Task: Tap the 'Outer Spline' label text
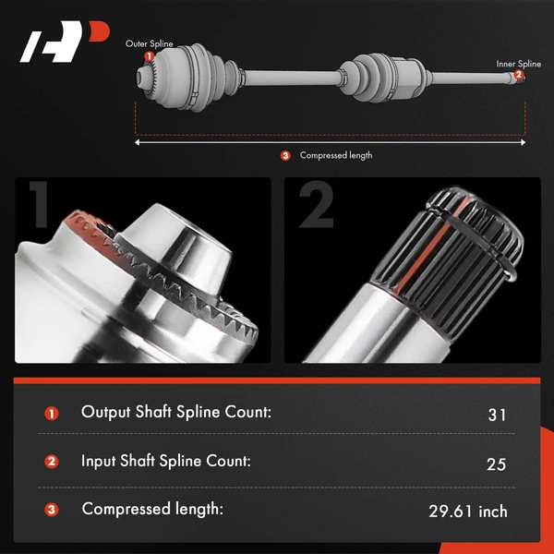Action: (x=150, y=43)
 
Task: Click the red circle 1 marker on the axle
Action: (x=150, y=56)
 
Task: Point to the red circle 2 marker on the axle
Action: (x=519, y=75)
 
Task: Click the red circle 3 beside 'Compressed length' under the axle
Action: (x=285, y=156)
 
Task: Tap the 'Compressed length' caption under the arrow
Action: (x=336, y=156)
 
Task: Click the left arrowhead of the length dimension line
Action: (x=138, y=142)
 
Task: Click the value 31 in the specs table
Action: (x=497, y=415)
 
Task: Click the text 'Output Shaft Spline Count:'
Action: (x=176, y=413)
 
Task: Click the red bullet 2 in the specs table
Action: (x=52, y=462)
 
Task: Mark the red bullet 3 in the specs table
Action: (x=52, y=510)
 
